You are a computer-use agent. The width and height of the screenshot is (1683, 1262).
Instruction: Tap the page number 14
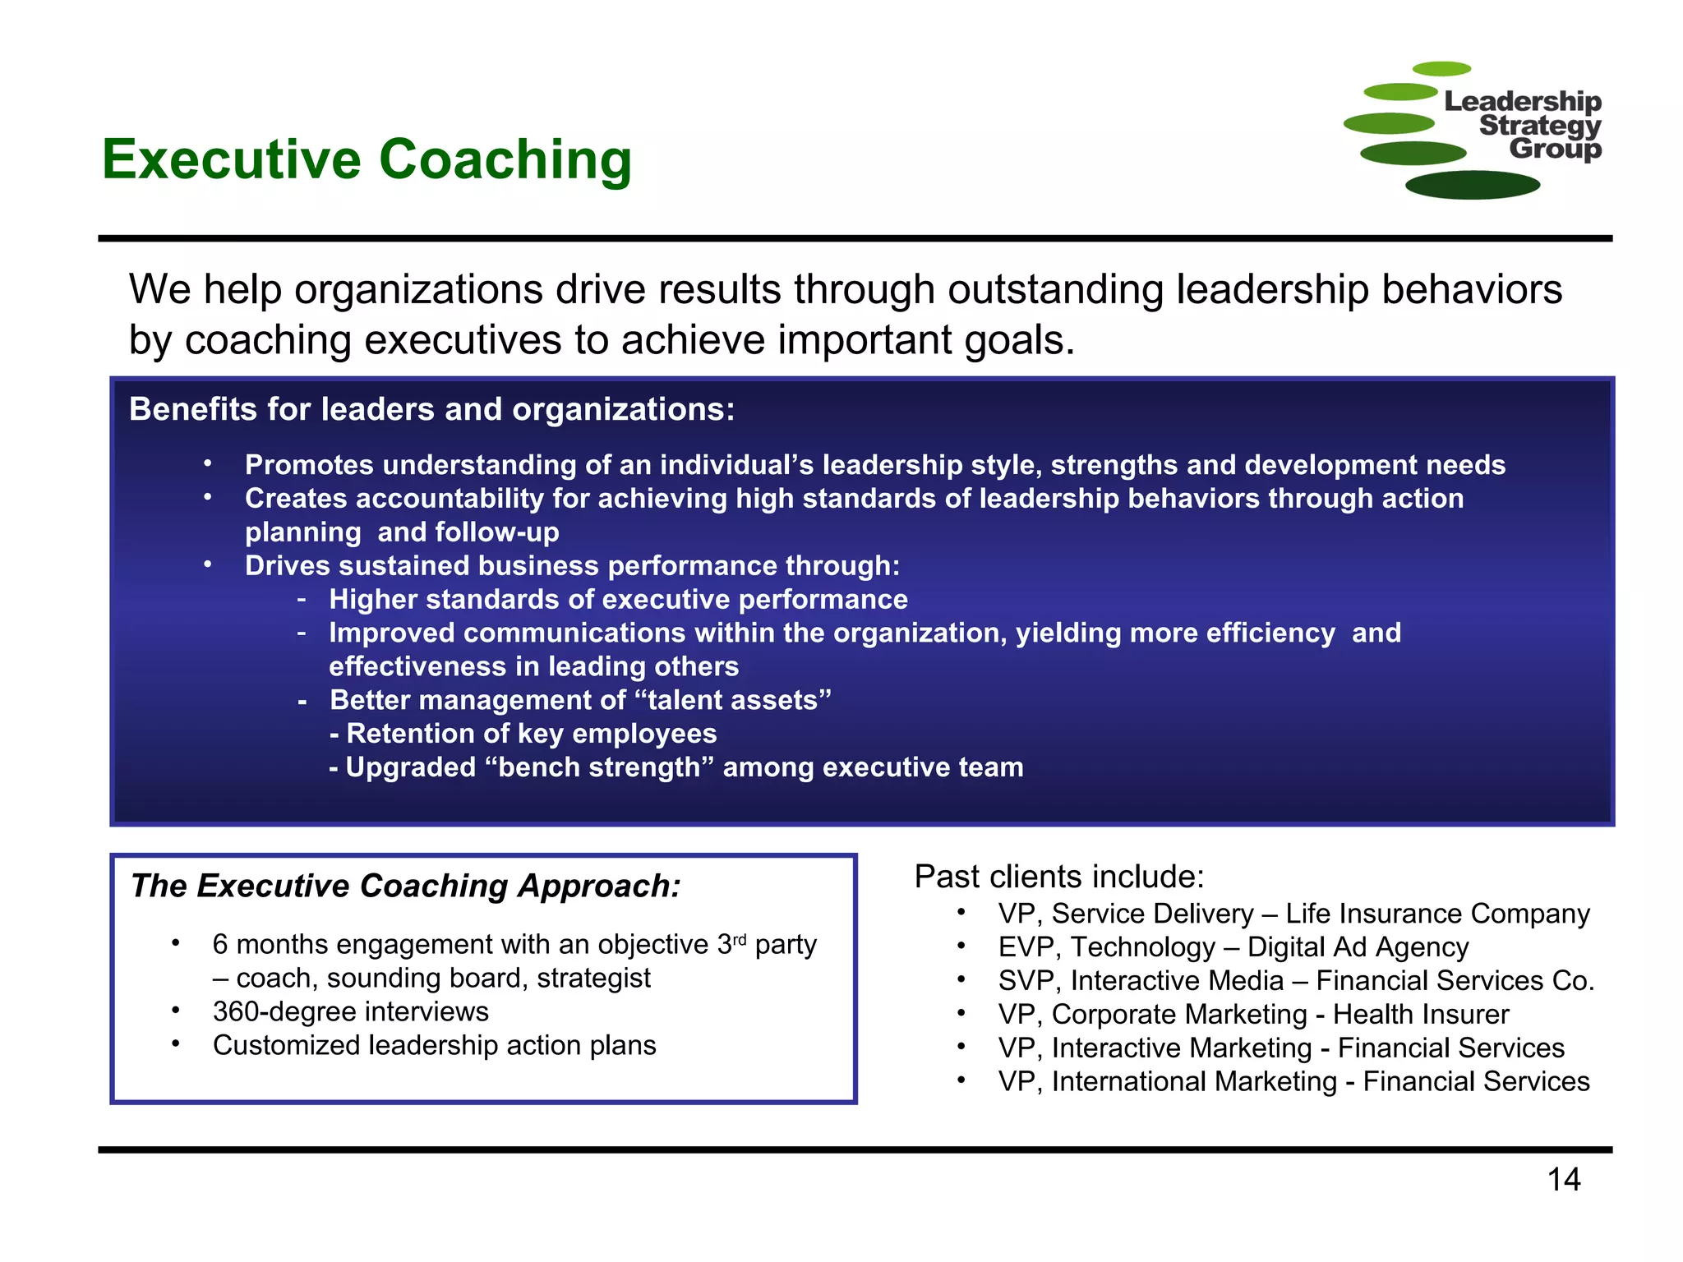(x=1563, y=1180)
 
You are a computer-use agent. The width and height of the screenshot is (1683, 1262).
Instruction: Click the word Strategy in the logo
(x=1540, y=126)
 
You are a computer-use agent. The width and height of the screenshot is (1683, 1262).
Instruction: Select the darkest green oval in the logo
(x=1472, y=185)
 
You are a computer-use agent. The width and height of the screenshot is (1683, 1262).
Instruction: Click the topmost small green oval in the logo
(x=1441, y=69)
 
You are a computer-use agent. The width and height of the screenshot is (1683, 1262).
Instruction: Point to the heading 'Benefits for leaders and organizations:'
(x=431, y=409)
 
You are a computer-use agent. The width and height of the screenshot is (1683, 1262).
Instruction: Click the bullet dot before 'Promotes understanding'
(x=209, y=464)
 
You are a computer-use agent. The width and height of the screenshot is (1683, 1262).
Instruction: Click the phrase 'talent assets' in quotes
(x=733, y=700)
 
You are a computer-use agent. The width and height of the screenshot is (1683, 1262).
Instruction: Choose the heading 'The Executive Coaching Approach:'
(x=406, y=886)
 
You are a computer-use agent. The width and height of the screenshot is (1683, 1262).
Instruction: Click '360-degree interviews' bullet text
(x=350, y=1011)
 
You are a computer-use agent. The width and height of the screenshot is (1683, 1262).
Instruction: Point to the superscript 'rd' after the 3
(x=740, y=938)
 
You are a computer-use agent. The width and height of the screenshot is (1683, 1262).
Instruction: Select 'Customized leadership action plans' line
(x=434, y=1045)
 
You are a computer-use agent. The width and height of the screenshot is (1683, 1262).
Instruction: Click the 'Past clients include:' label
(x=1058, y=877)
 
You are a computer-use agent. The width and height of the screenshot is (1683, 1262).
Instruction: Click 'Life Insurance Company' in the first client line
(x=1437, y=914)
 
